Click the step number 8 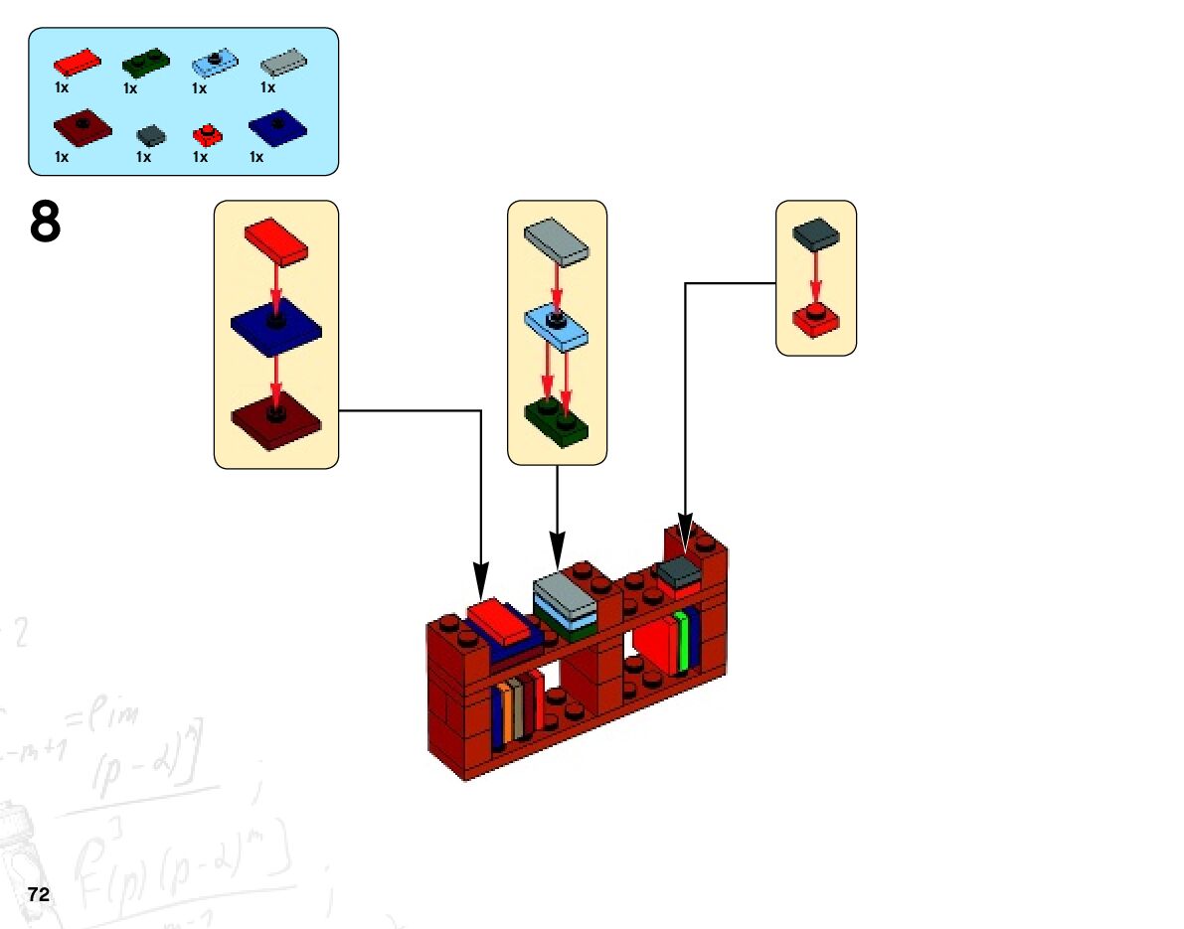pyautogui.click(x=46, y=223)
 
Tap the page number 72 pyautogui.click(x=39, y=894)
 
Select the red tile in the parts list pyautogui.click(x=77, y=63)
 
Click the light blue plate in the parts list pyautogui.click(x=216, y=64)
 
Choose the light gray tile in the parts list pyautogui.click(x=284, y=64)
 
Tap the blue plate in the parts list pyautogui.click(x=277, y=127)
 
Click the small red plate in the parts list pyautogui.click(x=207, y=134)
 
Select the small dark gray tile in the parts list pyautogui.click(x=151, y=134)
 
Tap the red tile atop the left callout pyautogui.click(x=276, y=240)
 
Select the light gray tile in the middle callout pyautogui.click(x=557, y=241)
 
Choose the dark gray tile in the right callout pyautogui.click(x=815, y=234)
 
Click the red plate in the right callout pyautogui.click(x=815, y=320)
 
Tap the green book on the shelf pyautogui.click(x=682, y=643)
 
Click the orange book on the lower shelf pyautogui.click(x=507, y=710)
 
